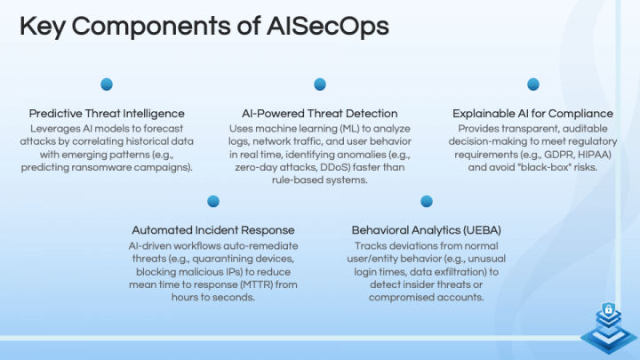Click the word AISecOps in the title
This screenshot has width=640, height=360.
[x=328, y=26]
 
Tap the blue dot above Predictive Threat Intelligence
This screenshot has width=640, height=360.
[x=107, y=84]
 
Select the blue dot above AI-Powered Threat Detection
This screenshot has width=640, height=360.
[x=320, y=84]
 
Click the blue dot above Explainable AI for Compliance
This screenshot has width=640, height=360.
[x=533, y=84]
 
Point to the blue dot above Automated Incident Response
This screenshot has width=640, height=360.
[x=213, y=201]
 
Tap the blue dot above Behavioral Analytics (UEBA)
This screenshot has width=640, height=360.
[x=427, y=201]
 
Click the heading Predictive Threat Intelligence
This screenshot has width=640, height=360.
[x=107, y=114]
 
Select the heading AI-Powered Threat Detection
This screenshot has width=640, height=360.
[x=320, y=114]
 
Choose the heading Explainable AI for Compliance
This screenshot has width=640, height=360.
[x=533, y=114]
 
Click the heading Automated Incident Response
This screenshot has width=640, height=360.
[x=213, y=230]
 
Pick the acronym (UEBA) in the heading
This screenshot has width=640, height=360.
[x=482, y=230]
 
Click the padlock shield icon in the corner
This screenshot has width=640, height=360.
[x=609, y=310]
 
